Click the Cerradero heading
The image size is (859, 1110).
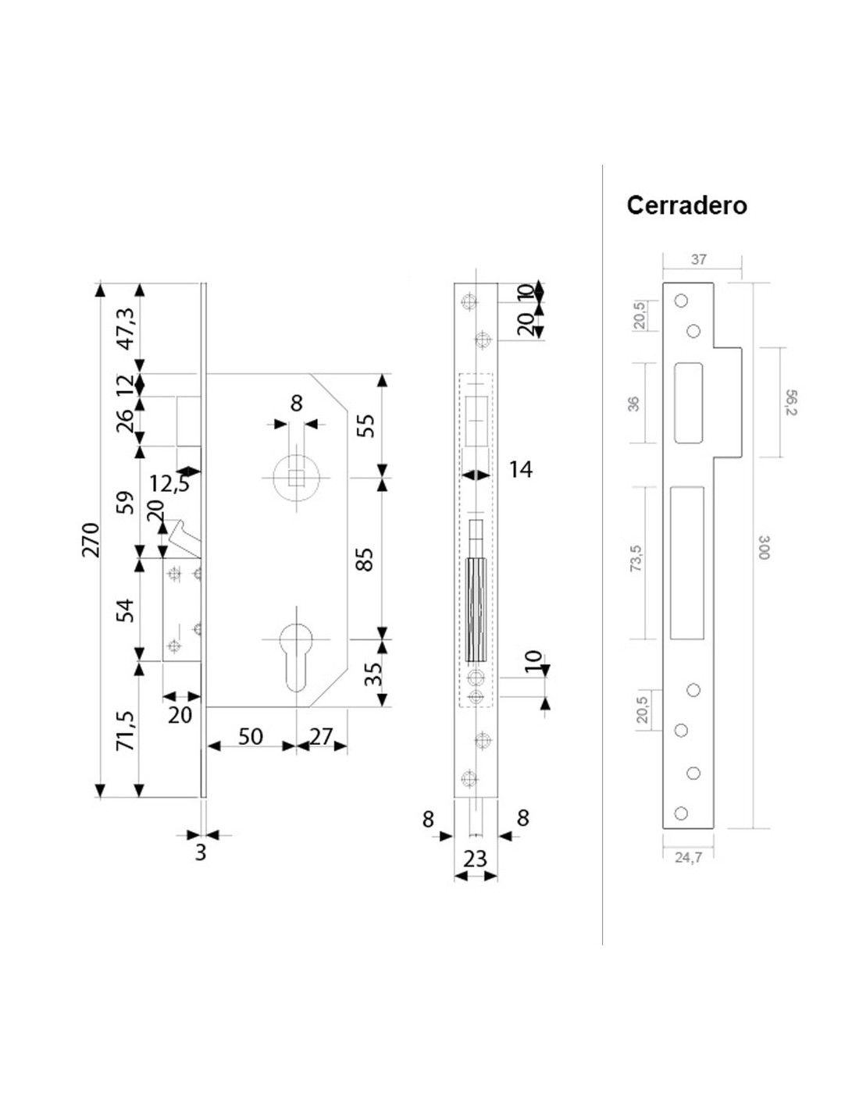point(686,206)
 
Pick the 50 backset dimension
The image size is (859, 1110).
point(251,736)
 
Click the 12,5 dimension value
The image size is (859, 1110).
point(169,483)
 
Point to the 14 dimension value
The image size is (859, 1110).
point(521,469)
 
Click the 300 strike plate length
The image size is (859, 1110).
point(762,547)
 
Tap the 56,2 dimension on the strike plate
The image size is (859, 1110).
point(790,402)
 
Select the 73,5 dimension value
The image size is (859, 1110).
point(636,558)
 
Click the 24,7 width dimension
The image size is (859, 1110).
point(688,858)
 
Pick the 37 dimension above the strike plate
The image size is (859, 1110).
point(699,259)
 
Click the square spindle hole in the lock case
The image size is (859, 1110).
point(295,478)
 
